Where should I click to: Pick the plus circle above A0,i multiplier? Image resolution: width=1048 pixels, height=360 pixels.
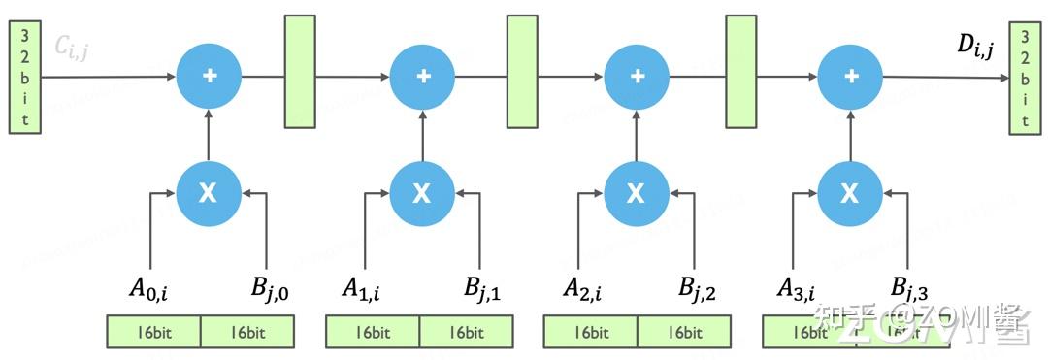209,76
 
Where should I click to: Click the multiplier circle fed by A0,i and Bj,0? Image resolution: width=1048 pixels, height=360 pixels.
209,193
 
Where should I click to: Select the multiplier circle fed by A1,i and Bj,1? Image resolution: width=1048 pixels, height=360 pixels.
422,193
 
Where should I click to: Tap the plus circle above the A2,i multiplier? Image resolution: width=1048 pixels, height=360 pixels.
637,76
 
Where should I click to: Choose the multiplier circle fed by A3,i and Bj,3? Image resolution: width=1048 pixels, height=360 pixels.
850,193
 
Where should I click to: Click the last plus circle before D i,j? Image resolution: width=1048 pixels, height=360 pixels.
850,76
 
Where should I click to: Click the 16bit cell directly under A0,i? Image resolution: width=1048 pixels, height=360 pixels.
153,332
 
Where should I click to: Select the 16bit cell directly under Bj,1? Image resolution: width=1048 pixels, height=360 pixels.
466,332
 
